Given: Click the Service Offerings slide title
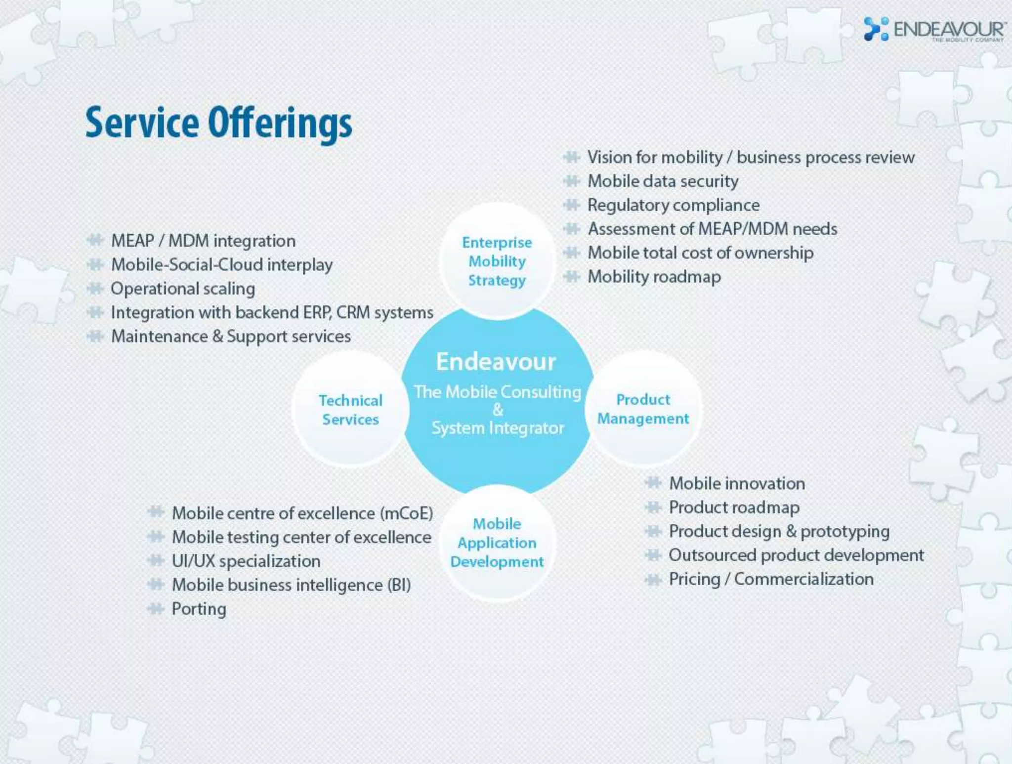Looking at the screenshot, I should pyautogui.click(x=218, y=123).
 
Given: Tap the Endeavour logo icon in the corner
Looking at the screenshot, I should pyautogui.click(x=876, y=29).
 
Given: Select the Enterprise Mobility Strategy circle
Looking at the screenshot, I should pyautogui.click(x=497, y=261).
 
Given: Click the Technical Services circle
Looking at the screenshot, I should pyautogui.click(x=350, y=410).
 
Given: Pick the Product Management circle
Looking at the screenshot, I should pyautogui.click(x=643, y=409).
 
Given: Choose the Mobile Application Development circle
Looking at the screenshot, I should pyautogui.click(x=497, y=543).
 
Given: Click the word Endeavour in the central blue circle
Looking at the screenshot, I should pyautogui.click(x=496, y=362).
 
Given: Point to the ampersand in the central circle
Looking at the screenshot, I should pyautogui.click(x=498, y=410).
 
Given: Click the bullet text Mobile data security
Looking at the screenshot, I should pyautogui.click(x=663, y=181).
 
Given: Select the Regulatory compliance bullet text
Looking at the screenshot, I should pyautogui.click(x=674, y=205).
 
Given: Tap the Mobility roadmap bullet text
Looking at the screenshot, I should pyautogui.click(x=654, y=277).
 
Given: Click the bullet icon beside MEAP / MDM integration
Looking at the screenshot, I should pyautogui.click(x=95, y=241).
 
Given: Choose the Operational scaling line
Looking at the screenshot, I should pyautogui.click(x=183, y=289).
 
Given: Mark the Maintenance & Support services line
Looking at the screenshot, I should pyautogui.click(x=231, y=337).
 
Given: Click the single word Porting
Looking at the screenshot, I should pyautogui.click(x=199, y=609).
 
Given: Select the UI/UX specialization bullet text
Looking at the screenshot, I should pyautogui.click(x=246, y=561).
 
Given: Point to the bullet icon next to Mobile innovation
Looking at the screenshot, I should pyautogui.click(x=653, y=483).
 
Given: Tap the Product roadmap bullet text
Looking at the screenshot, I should pyautogui.click(x=734, y=508).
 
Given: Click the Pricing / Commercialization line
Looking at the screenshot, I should pyautogui.click(x=771, y=579).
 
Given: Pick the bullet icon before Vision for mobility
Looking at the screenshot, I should pyautogui.click(x=571, y=158).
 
